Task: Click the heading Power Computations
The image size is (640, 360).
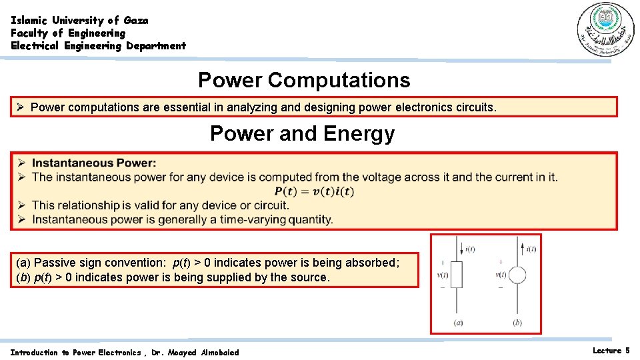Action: pos(304,81)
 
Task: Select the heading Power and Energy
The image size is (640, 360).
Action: pos(302,134)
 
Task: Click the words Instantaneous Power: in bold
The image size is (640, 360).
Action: pos(94,163)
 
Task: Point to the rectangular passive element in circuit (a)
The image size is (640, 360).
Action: pos(456,275)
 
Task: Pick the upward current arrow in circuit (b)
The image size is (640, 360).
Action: pos(517,250)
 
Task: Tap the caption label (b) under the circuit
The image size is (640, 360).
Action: pos(517,323)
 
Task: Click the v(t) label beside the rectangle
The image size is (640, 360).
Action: pos(441,275)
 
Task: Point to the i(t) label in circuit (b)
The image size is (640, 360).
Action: pos(531,249)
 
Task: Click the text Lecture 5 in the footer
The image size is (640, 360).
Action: pos(611,351)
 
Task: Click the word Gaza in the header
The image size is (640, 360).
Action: pos(136,21)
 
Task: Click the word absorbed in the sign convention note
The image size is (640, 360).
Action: pos(373,263)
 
